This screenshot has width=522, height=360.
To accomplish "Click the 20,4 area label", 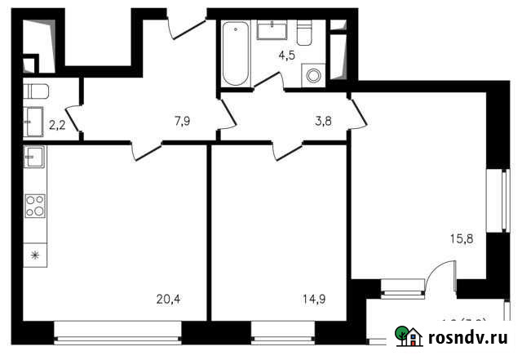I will (x=168, y=298).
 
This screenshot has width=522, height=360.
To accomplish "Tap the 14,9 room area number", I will (x=314, y=298).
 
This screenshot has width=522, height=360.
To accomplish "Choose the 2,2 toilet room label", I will (x=58, y=125).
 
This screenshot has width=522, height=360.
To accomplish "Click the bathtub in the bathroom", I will (x=235, y=55).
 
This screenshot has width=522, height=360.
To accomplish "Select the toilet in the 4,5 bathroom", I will (x=305, y=33).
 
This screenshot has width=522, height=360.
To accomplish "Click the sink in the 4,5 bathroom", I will (x=270, y=30).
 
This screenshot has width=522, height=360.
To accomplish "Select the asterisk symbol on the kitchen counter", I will (x=34, y=256).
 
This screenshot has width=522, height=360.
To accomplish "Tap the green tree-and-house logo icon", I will (x=408, y=335).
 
